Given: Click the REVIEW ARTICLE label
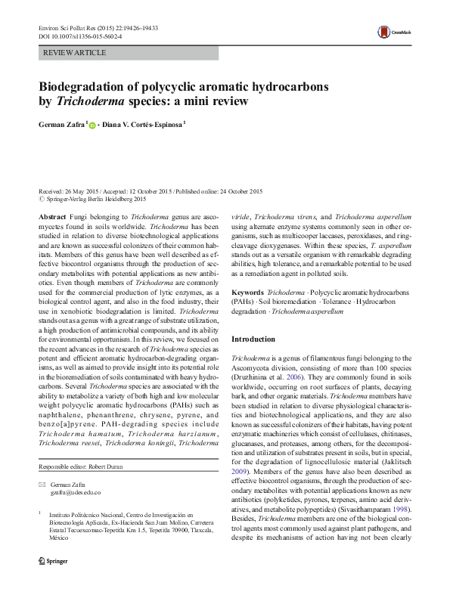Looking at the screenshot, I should click(75, 53).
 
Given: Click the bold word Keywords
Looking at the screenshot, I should click(248, 291).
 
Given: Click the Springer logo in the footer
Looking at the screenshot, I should click(57, 584).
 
